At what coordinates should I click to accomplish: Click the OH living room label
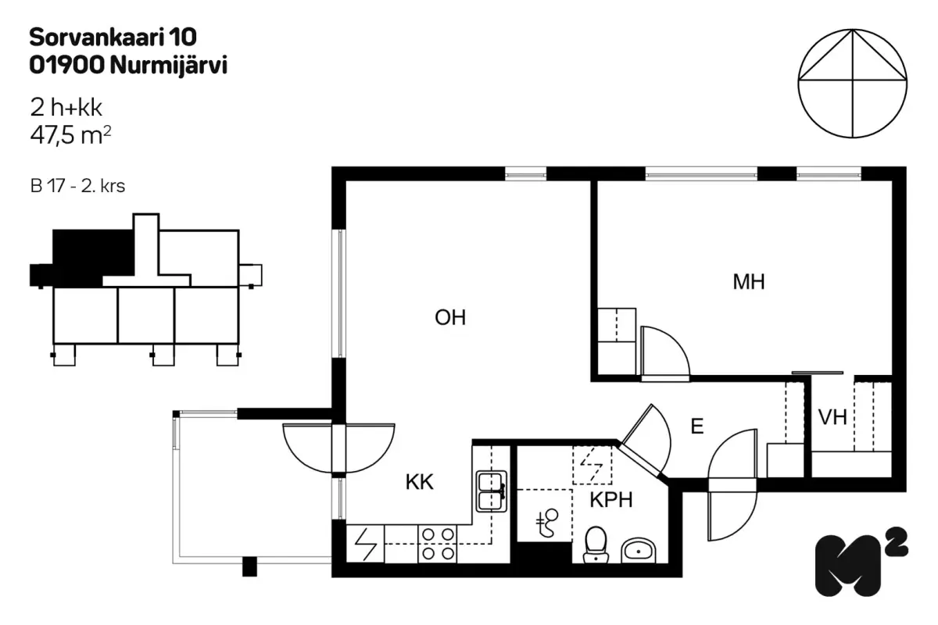(450, 317)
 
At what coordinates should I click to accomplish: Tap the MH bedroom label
(749, 282)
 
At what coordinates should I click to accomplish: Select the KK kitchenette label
(419, 482)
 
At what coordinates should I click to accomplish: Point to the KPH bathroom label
(611, 499)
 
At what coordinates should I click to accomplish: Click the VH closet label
(832, 417)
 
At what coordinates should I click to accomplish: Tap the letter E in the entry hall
(696, 426)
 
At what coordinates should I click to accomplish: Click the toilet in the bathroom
(596, 545)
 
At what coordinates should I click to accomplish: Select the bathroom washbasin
(638, 551)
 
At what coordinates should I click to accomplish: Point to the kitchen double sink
(491, 491)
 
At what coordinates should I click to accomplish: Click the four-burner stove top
(438, 545)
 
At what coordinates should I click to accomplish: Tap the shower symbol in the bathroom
(548, 523)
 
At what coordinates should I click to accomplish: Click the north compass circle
(853, 84)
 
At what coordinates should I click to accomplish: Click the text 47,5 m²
(70, 135)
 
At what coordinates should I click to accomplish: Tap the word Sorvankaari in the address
(97, 37)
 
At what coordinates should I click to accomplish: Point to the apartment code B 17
(47, 186)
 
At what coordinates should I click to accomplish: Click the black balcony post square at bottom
(249, 567)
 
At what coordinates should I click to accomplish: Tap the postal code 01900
(66, 66)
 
